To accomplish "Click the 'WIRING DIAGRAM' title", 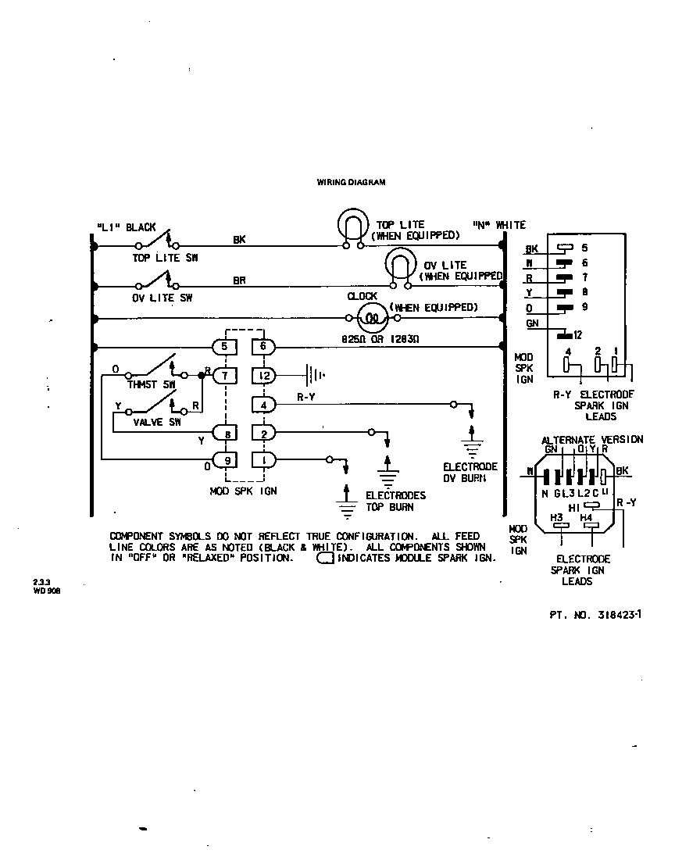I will click(x=351, y=182).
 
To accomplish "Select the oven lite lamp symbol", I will click(x=400, y=266).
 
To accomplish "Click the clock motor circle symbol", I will click(x=373, y=318).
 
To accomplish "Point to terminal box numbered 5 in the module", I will click(x=224, y=346).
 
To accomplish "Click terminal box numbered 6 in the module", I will click(x=263, y=346).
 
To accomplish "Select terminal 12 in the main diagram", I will click(x=264, y=376).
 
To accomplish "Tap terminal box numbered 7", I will click(x=224, y=376).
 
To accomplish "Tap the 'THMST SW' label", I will click(x=152, y=385).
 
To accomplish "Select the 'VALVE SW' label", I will click(x=157, y=422).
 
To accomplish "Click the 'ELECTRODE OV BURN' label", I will click(x=470, y=472).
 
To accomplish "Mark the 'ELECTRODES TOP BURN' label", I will click(x=395, y=501).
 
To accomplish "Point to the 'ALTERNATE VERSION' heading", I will click(x=592, y=440).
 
